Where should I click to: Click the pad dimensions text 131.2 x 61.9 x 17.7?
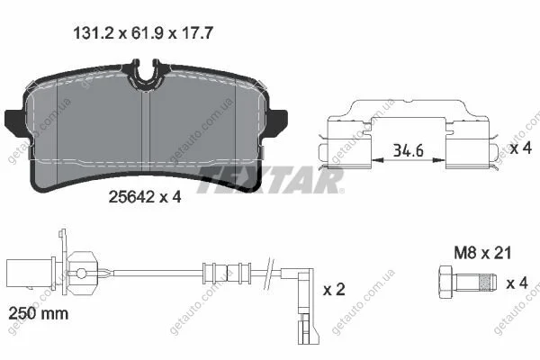143,33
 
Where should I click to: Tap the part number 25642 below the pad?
131,197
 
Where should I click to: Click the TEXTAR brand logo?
270,180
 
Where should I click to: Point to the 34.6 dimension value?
408,150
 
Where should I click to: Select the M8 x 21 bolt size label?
482,253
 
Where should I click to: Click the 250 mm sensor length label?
38,313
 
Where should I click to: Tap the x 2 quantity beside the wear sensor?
334,290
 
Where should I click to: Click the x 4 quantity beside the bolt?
517,283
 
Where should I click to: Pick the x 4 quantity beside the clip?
521,148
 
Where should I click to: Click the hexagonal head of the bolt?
445,283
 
